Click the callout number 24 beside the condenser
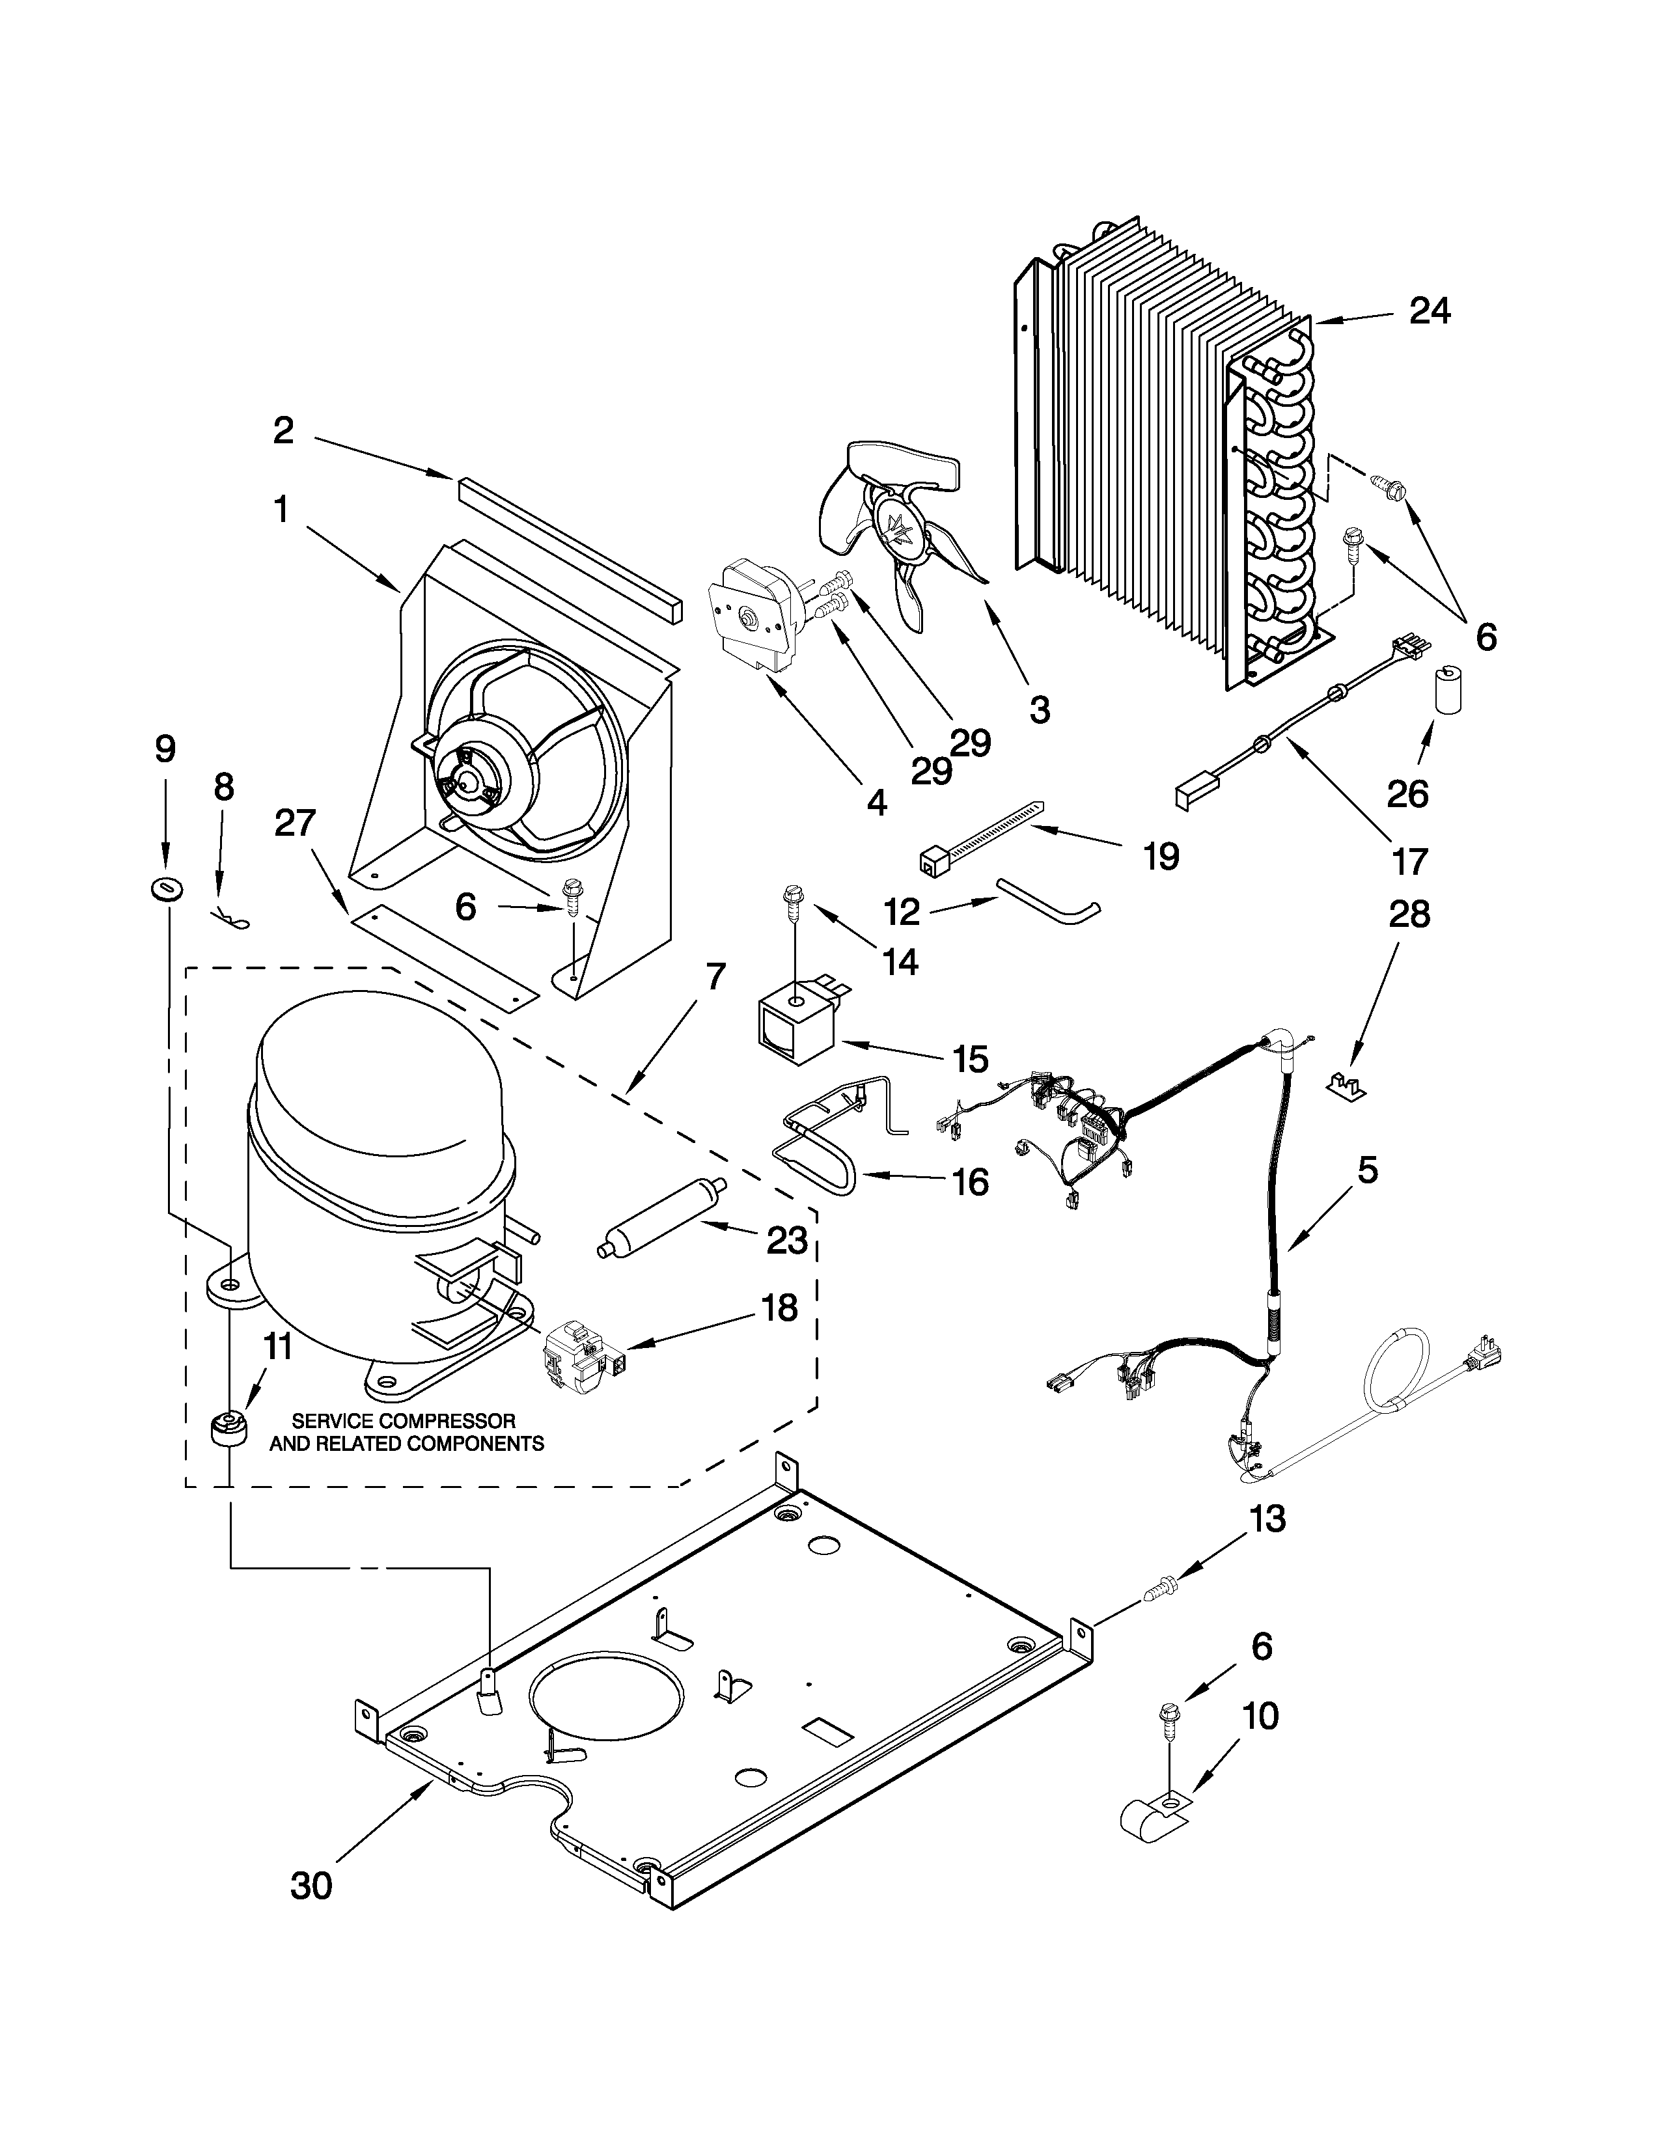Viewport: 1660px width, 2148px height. pyautogui.click(x=1430, y=312)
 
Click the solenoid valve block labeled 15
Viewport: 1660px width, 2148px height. pyautogui.click(x=795, y=1028)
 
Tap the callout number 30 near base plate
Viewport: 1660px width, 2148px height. pyautogui.click(x=311, y=1913)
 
